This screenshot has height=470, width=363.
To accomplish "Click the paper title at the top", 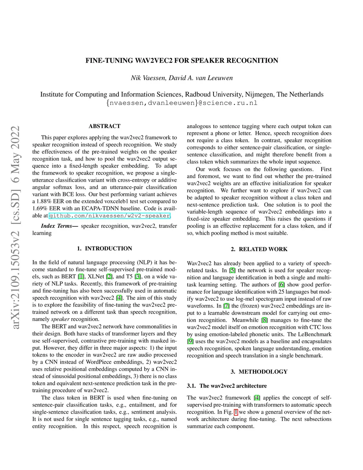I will [x=181, y=61].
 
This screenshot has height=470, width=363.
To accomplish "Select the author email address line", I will [x=181, y=103].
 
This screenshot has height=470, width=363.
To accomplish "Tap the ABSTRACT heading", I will [x=105, y=126].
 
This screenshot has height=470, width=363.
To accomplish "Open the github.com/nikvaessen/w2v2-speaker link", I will [x=110, y=216].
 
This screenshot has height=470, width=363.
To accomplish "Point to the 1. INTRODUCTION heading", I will [x=105, y=249].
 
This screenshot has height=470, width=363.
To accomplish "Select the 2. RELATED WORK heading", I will [x=259, y=249].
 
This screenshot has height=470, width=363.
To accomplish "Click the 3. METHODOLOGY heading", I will [x=259, y=372].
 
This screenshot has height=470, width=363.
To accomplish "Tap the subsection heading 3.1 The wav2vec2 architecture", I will [x=227, y=386].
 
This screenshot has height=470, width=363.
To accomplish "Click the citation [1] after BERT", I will [x=81, y=277].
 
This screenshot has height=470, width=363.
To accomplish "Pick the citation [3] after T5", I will [x=138, y=277].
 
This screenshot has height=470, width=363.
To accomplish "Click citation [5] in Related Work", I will [x=232, y=271].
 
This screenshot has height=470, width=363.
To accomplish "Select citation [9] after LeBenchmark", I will [x=190, y=342].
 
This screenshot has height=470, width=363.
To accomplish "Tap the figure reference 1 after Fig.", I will [x=236, y=412].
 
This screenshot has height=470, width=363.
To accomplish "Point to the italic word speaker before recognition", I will [x=60, y=319].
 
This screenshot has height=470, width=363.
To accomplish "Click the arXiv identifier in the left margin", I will [x=15, y=227].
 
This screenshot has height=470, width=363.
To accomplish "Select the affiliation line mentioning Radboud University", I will [x=181, y=94].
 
